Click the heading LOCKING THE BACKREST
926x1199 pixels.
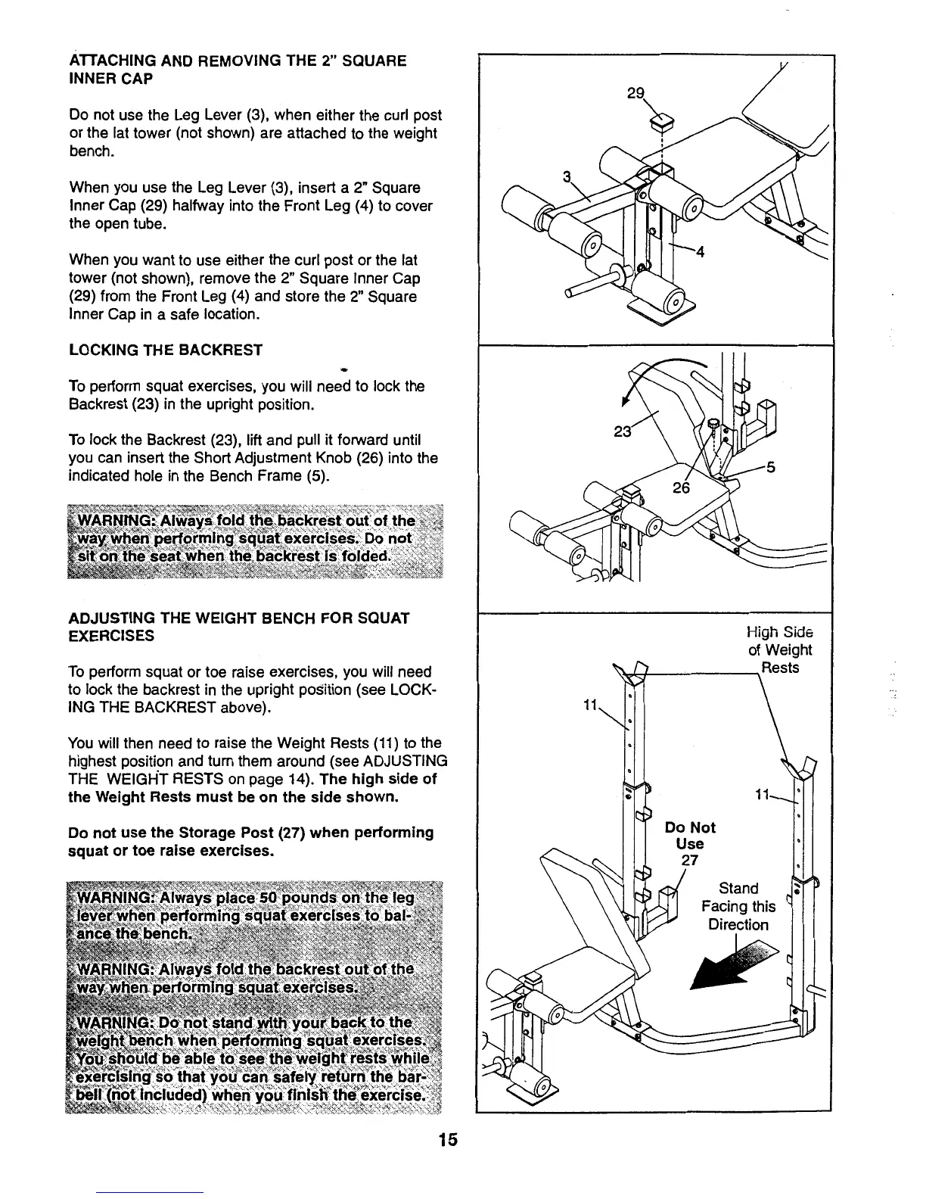[166, 350]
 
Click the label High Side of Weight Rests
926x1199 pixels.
[779, 650]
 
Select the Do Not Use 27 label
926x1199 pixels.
[689, 843]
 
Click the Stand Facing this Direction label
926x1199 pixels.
[738, 906]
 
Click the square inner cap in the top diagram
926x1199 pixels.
[662, 120]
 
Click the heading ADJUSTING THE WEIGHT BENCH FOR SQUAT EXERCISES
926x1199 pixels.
[238, 627]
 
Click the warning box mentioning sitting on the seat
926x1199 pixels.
[253, 539]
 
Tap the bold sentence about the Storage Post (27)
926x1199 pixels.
[250, 842]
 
